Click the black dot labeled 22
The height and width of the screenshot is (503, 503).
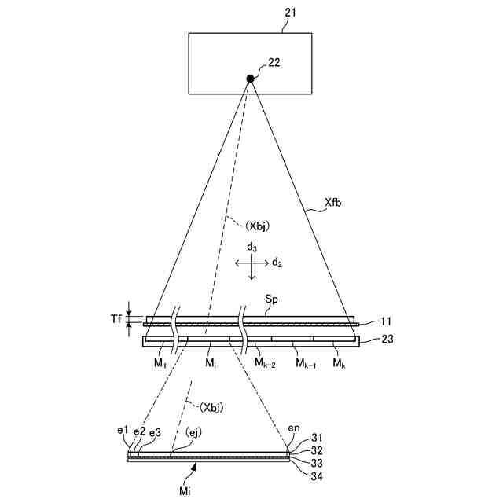tap(250, 78)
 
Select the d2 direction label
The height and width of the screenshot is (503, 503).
tap(277, 263)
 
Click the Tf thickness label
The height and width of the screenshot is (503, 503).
tap(116, 320)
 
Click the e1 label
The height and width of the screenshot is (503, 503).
tap(122, 431)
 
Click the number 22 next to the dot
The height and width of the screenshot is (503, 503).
tap(274, 61)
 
